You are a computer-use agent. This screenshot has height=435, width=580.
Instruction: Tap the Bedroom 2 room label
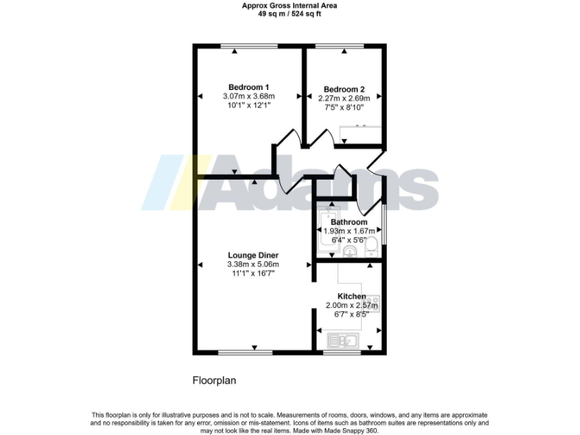[x=344, y=88]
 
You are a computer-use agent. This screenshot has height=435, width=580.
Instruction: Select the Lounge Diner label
[x=253, y=255]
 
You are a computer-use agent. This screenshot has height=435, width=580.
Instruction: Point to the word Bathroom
[x=348, y=222]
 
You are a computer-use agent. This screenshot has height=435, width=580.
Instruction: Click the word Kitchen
[x=351, y=296]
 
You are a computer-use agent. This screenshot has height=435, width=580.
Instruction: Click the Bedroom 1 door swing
[x=285, y=143]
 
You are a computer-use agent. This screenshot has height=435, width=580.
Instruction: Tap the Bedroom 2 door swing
[x=325, y=137]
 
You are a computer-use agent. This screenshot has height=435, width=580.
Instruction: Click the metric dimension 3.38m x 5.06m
[x=253, y=264]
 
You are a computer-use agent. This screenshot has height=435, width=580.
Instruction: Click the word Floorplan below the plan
[x=214, y=381]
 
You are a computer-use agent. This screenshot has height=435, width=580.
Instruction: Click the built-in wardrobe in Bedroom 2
[x=358, y=134]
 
